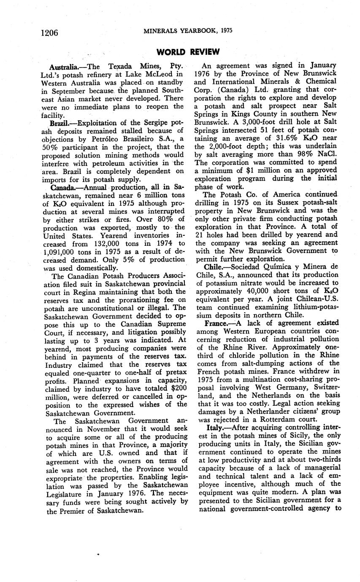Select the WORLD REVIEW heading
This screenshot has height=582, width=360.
(188, 52)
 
